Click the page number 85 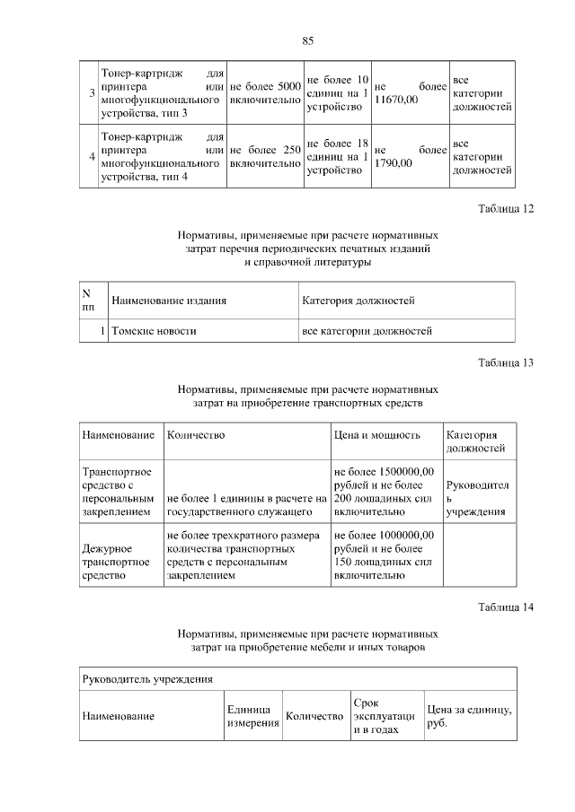[x=307, y=41]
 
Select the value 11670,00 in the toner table [x=396, y=99]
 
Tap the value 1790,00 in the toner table [x=393, y=162]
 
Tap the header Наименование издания [x=168, y=301]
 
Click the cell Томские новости [x=154, y=331]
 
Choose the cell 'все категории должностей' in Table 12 [x=367, y=331]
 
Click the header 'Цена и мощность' [x=376, y=435]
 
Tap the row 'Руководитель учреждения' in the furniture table [x=147, y=679]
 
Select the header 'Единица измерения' [x=252, y=716]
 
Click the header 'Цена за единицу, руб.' [x=469, y=716]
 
